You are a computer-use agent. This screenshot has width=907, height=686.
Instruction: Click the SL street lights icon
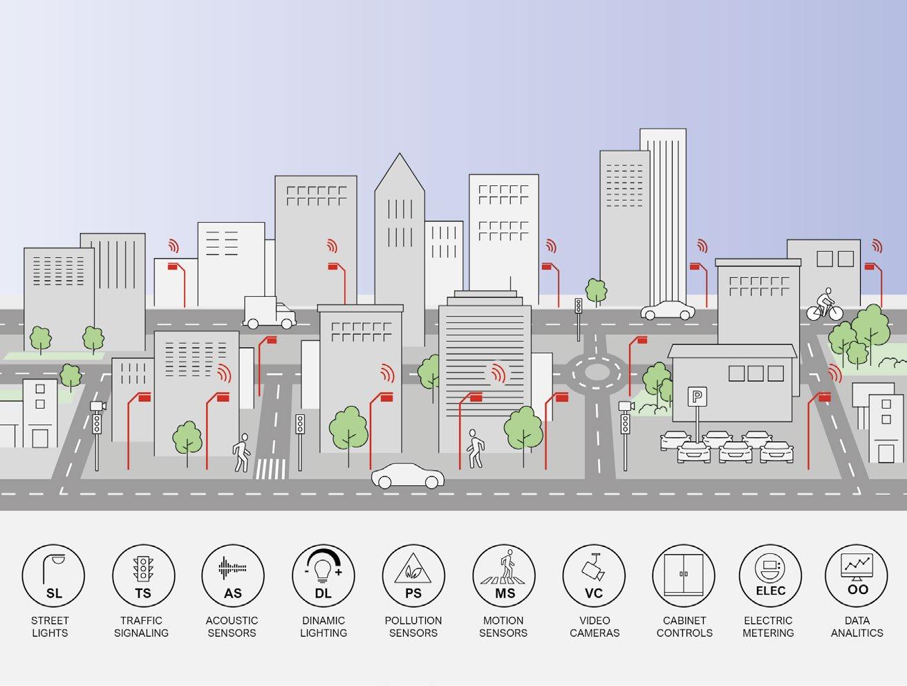pyautogui.click(x=53, y=575)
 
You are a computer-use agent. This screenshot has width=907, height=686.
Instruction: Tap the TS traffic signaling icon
pyautogui.click(x=143, y=575)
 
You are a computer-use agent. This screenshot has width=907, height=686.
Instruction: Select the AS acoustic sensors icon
pyautogui.click(x=233, y=575)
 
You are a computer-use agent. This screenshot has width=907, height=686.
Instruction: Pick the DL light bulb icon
pyautogui.click(x=323, y=575)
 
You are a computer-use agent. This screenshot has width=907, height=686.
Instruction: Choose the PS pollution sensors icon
pyautogui.click(x=413, y=575)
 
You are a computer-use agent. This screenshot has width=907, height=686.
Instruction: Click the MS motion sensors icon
pyautogui.click(x=504, y=575)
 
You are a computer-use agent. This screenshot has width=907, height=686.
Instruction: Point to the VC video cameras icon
pyautogui.click(x=594, y=575)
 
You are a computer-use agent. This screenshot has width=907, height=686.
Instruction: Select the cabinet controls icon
pyautogui.click(x=684, y=575)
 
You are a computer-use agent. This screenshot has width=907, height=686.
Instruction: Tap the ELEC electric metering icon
pyautogui.click(x=769, y=575)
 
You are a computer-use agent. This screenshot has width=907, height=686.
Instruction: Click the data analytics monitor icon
pyautogui.click(x=857, y=575)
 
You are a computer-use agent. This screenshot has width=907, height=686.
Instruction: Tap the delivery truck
pyautogui.click(x=270, y=313)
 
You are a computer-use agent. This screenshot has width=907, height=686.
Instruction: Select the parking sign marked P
pyautogui.click(x=698, y=397)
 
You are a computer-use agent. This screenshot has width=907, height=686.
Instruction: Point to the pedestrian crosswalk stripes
pyautogui.click(x=271, y=469)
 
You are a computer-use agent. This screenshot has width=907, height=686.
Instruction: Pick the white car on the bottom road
pyautogui.click(x=407, y=476)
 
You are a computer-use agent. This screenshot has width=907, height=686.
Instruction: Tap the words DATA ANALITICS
pyautogui.click(x=857, y=627)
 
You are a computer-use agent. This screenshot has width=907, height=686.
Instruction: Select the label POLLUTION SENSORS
pyautogui.click(x=413, y=627)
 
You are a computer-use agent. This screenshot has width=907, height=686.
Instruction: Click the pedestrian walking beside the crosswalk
pyautogui.click(x=241, y=452)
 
